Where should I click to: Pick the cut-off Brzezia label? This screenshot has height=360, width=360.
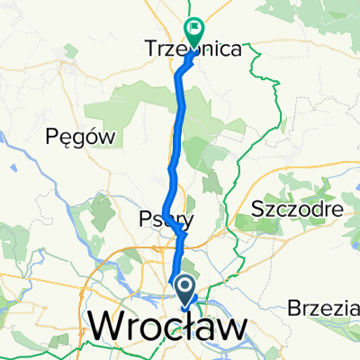(x=324, y=308)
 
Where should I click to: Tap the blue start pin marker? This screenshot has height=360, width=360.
(x=184, y=290)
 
